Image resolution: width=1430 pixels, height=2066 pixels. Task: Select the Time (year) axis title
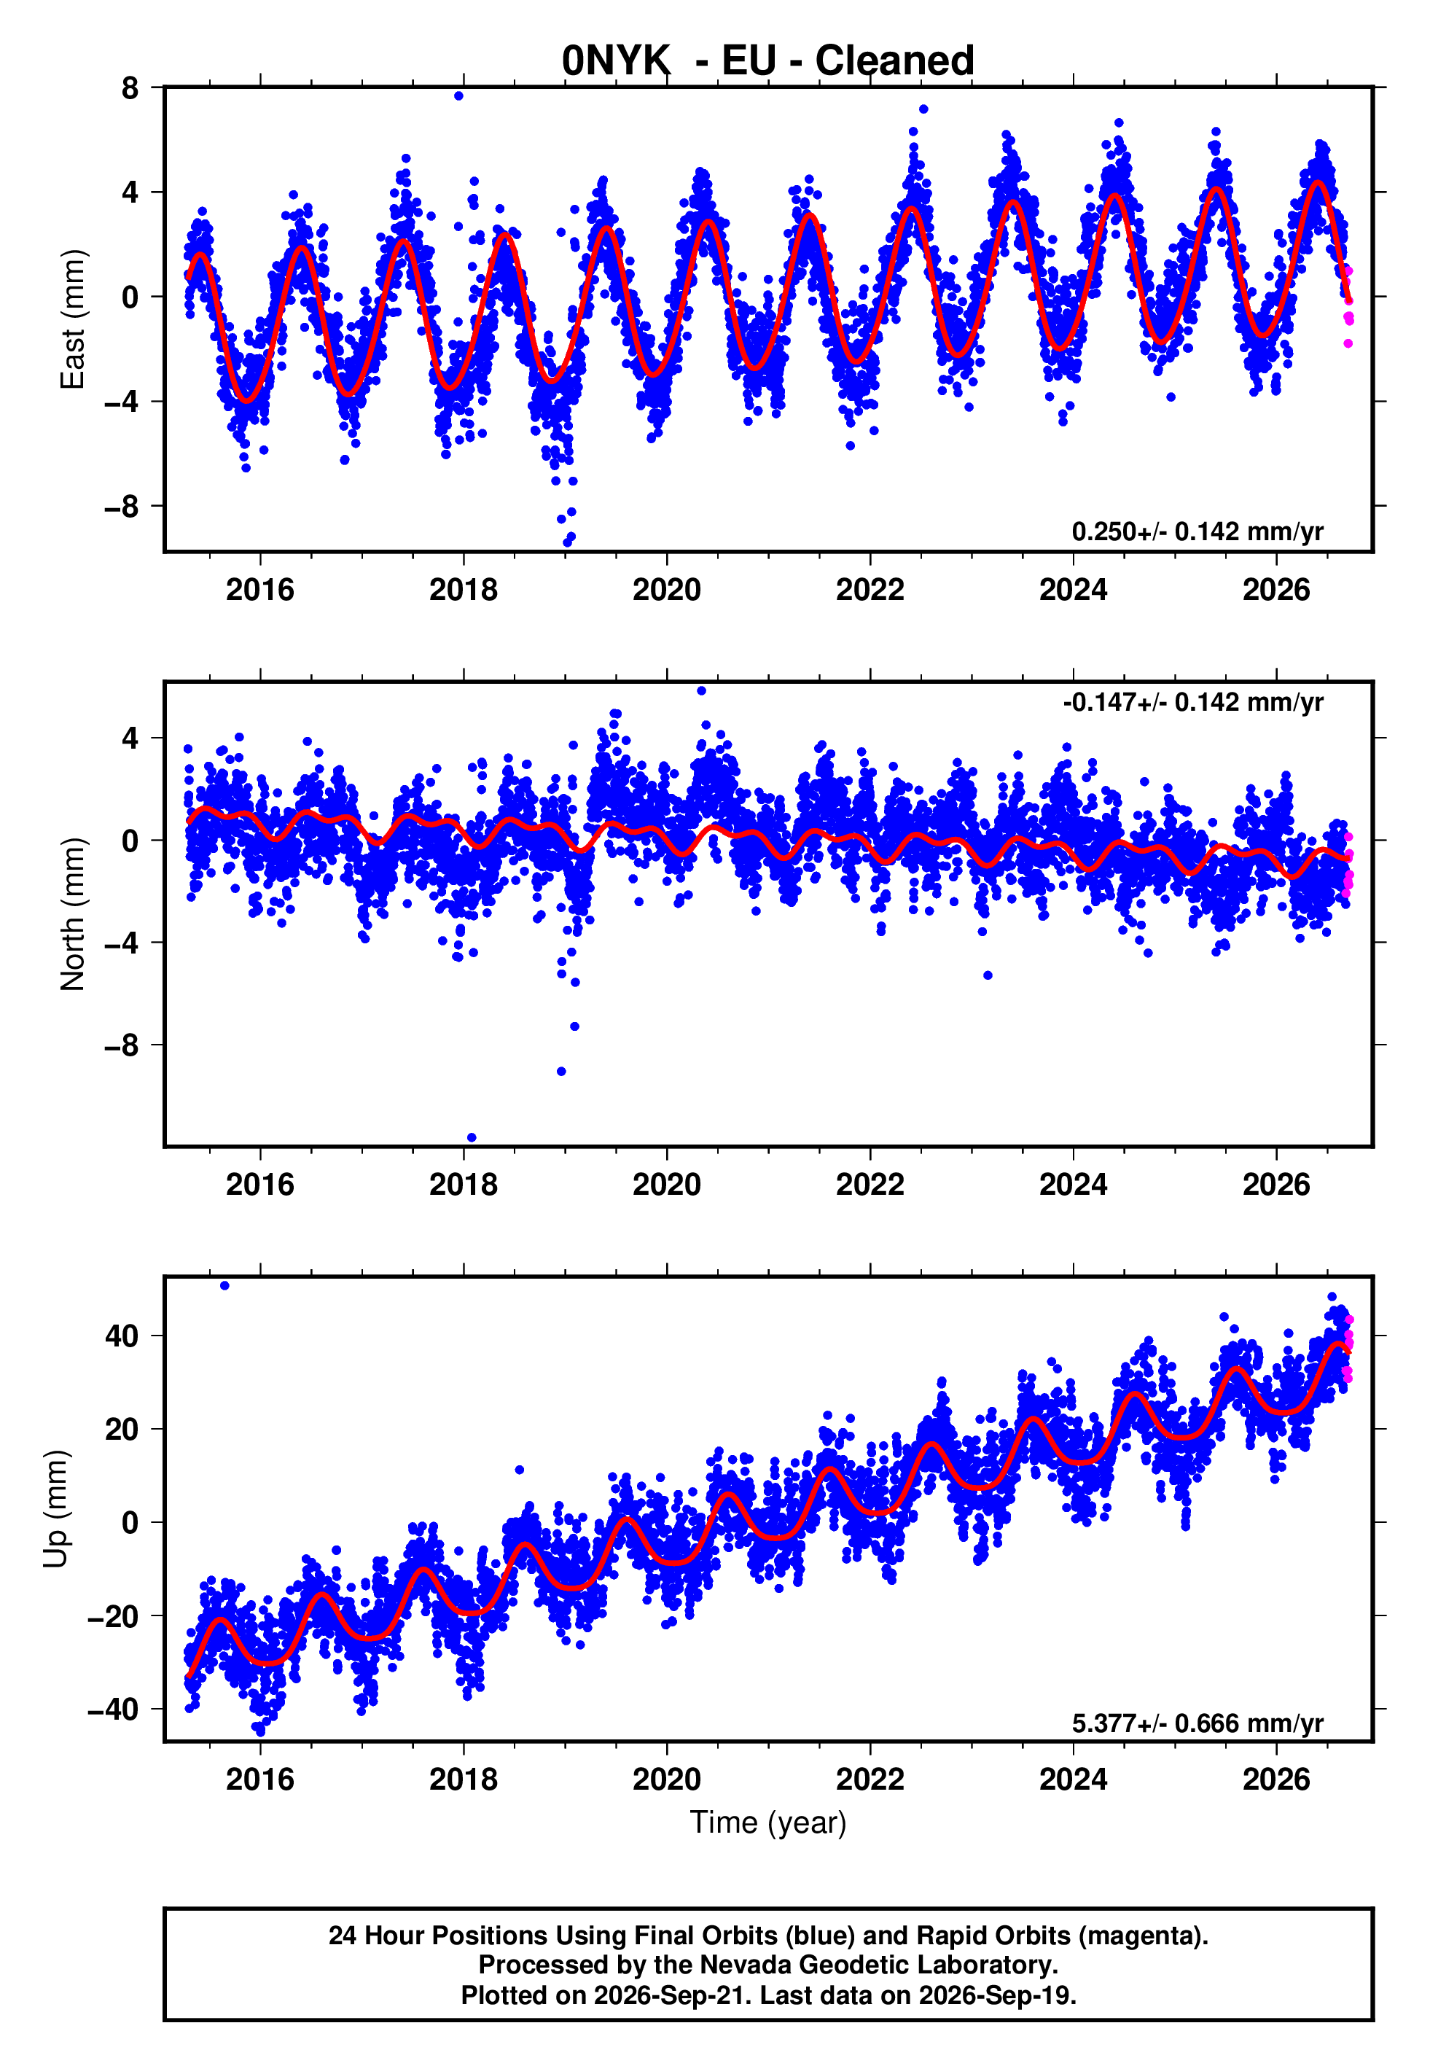point(768,1823)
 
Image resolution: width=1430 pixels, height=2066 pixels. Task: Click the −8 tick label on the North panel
point(122,1045)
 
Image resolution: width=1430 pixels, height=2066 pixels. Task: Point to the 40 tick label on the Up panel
point(122,1336)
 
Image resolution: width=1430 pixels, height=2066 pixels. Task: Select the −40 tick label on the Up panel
point(113,1709)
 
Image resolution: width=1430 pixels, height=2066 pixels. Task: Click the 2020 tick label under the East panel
point(667,590)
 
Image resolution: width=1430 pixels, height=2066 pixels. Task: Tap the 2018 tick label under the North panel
point(464,1185)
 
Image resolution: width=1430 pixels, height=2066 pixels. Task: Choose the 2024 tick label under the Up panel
point(1074,1779)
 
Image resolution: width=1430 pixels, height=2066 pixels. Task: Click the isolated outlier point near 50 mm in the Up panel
point(225,1286)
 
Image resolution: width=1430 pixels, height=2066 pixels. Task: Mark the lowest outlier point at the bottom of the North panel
point(472,1138)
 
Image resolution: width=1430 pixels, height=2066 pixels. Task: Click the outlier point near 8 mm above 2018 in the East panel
point(458,95)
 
